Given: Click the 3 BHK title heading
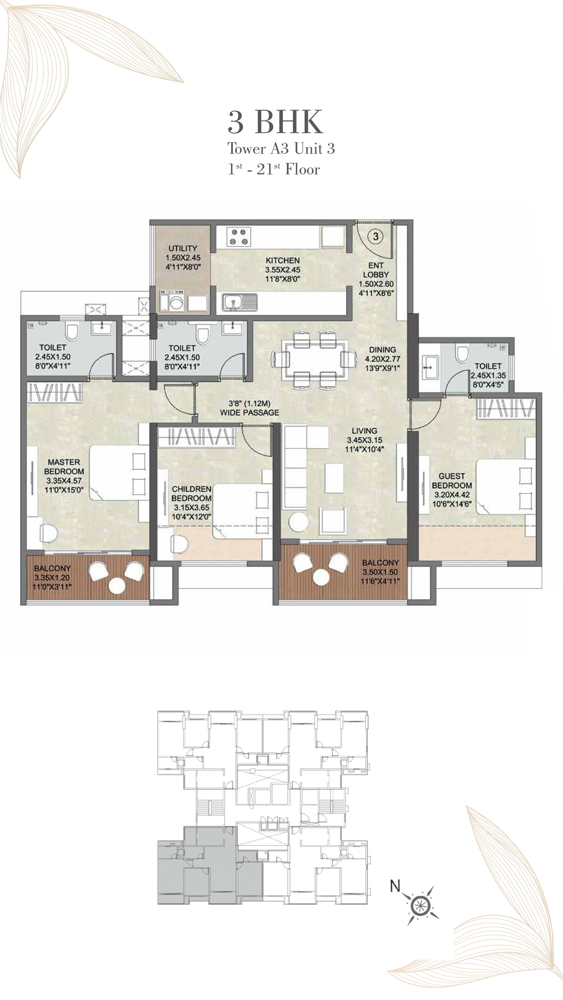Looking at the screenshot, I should (275, 122).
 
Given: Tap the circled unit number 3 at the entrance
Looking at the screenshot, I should (375, 236).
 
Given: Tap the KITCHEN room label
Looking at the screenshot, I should (283, 260).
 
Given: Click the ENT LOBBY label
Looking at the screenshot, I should (376, 270).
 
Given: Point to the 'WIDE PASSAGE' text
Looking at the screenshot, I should (249, 413).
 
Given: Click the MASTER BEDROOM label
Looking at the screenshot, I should (64, 467).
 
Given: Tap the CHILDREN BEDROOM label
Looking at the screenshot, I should (192, 493).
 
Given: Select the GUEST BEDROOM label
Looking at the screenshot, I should (451, 481).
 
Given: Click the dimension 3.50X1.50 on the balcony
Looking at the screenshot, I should (380, 572).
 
